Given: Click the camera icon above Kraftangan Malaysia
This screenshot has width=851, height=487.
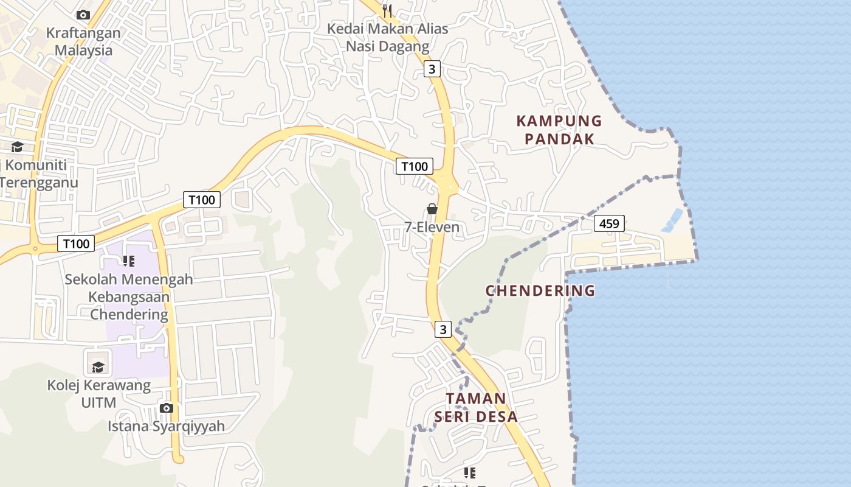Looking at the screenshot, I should tap(83, 15).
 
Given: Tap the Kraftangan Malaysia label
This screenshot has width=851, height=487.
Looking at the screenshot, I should tap(83, 41).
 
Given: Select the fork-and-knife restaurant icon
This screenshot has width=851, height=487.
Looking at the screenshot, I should tap(387, 11).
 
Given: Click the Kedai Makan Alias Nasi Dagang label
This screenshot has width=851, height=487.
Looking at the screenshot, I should tap(387, 37).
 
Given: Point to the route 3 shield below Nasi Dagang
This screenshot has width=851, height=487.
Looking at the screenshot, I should tap(432, 69).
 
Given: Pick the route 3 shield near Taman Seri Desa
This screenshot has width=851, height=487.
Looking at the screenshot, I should tap(443, 329).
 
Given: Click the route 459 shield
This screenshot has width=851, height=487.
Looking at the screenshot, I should tap(609, 223).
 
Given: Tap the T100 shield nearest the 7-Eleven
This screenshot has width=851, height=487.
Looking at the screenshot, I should tap(415, 166).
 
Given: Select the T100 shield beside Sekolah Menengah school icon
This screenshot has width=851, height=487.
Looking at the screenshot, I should tap(76, 244).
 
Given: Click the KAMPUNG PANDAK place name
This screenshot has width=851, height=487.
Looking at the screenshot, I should tap(559, 130).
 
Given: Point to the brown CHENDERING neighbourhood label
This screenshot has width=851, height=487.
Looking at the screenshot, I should tap(540, 290).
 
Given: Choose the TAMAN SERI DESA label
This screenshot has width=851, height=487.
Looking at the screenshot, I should tap(475, 407).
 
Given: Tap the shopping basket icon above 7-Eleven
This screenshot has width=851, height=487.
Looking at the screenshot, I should tap(432, 209).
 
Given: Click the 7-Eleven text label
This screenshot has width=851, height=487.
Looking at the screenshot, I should tap(432, 228).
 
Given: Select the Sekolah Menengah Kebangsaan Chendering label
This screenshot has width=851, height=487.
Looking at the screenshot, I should tap(129, 297).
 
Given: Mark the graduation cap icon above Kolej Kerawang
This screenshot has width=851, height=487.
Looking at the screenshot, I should tap(98, 366).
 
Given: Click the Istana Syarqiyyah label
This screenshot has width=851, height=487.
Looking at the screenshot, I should tap(166, 426).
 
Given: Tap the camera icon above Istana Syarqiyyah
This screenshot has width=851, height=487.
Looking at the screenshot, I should tap(166, 408).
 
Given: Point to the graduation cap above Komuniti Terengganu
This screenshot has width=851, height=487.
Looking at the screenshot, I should tap(17, 147).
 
